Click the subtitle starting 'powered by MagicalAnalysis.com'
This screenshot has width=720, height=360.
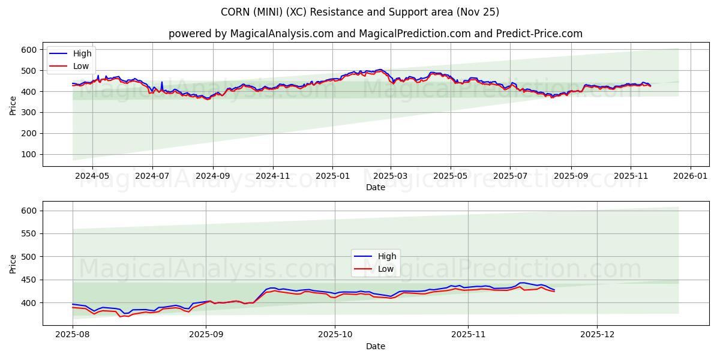coord(376,34)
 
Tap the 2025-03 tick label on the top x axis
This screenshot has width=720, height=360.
coord(391,176)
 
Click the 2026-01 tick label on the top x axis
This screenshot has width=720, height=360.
coord(690,176)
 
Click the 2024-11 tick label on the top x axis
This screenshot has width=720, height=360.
coord(273,176)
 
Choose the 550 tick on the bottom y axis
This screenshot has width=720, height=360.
coord(29,233)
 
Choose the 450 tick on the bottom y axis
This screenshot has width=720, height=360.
coord(29,280)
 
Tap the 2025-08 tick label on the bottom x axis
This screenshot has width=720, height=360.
coord(73,335)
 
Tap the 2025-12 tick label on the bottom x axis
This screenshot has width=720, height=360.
coord(598,335)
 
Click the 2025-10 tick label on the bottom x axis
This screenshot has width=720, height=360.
coord(335,335)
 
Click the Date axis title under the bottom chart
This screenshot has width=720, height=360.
coord(376,346)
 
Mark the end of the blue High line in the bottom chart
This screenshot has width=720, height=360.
coord(554,290)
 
